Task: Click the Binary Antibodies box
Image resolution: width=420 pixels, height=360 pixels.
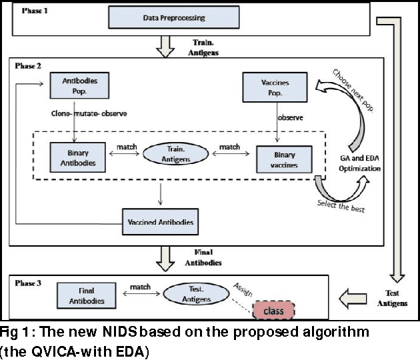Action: click(x=77, y=157)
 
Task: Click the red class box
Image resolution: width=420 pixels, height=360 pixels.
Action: click(x=273, y=310)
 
